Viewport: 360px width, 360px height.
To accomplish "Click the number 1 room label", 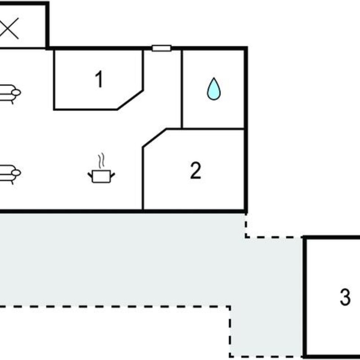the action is pos(99,79).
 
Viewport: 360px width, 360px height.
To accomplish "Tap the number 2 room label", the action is pos(196,171).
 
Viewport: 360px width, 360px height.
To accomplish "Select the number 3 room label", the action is pos(345,297).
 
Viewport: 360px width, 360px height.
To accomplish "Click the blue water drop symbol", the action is pos(214,89).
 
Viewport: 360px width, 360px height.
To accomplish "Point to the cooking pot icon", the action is pos(101,176).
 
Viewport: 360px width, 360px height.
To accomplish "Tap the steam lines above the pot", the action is pos(101,161).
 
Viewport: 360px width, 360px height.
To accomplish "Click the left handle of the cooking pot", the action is pos(90,175).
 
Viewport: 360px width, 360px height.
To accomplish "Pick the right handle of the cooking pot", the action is pos(112,175).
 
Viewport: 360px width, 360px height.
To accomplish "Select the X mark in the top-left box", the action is pos(9,28).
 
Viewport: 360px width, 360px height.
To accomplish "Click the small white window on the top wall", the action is pos(162,48).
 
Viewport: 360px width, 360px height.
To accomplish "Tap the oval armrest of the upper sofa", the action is pos(16,93).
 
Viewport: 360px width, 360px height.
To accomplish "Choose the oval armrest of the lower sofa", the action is pos(16,173).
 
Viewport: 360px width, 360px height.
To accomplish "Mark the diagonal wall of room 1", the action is pos(130,100).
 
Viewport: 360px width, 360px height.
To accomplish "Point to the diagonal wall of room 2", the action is pos(155,138).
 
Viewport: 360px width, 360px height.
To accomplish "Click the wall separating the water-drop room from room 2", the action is pos(213,129).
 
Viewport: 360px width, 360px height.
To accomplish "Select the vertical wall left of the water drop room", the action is pos(182,89).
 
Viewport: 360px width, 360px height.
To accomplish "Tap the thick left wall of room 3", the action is pos(305,298).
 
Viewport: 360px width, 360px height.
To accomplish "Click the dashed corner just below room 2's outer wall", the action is pos(246,237).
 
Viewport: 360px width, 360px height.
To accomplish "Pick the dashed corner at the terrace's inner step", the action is pos(229,306).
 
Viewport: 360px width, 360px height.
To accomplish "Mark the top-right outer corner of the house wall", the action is pos(246,48).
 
